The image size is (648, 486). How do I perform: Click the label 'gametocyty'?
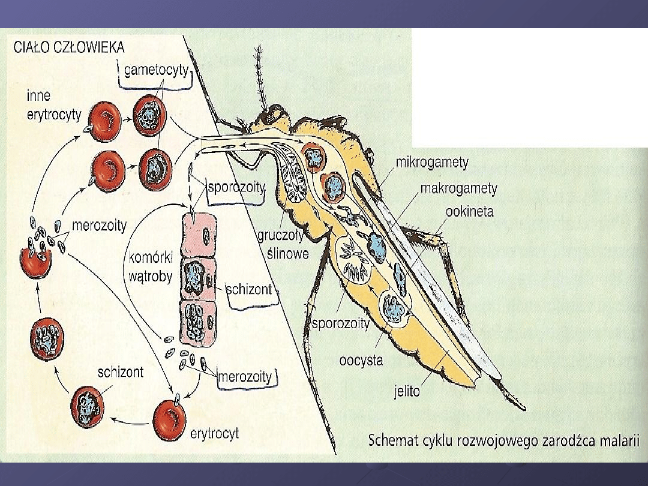click(156, 71)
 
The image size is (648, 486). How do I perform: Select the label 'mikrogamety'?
click(432, 163)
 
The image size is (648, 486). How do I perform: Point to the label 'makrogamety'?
click(458, 188)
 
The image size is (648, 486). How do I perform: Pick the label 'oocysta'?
click(361, 361)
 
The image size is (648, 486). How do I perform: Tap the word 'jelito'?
click(407, 391)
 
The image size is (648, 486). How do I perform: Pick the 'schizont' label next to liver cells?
click(248, 289)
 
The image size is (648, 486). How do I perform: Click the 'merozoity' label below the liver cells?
click(244, 377)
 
